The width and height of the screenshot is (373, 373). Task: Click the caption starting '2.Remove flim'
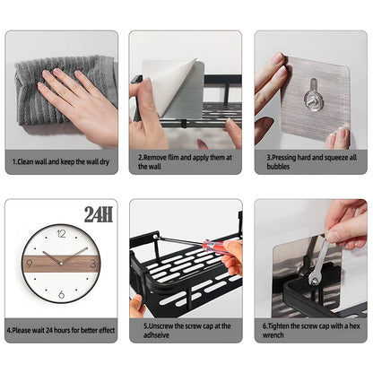[184, 160]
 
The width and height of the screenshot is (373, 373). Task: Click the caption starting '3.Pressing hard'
[309, 160]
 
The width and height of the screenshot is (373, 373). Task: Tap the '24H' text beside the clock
[98, 215]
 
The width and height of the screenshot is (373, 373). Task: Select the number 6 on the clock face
[61, 293]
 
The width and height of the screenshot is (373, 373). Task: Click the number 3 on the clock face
[91, 264]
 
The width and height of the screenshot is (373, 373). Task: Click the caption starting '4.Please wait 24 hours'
[61, 329]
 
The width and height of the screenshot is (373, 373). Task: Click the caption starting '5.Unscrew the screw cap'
[184, 331]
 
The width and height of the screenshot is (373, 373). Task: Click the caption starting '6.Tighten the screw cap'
[309, 331]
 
